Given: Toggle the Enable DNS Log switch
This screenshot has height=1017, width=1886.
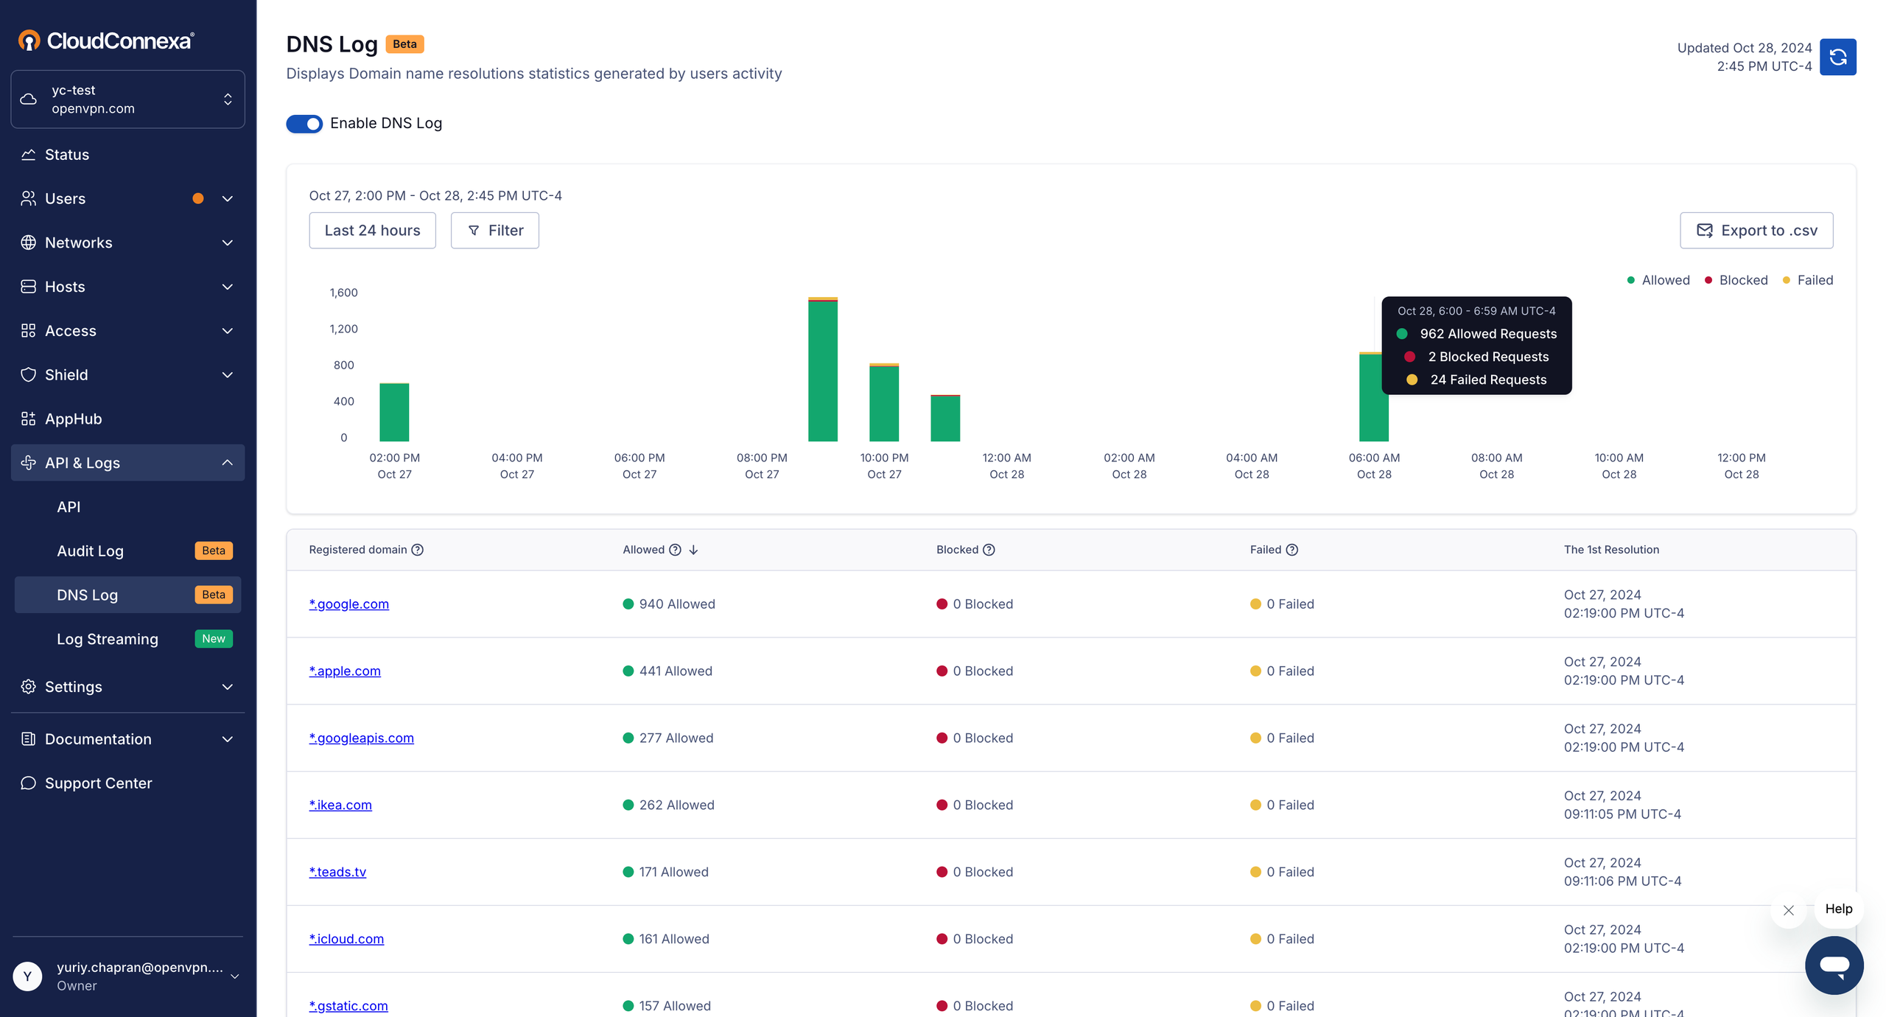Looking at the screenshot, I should [304, 123].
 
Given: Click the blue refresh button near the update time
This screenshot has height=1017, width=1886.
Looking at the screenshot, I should [1837, 57].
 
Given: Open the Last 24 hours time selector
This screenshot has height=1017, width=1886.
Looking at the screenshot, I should [372, 231].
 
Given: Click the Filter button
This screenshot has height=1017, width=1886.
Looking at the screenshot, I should [495, 231].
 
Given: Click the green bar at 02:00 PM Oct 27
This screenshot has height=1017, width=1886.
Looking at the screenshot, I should [394, 413].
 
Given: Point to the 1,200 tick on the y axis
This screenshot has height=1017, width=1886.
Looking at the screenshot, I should [343, 329].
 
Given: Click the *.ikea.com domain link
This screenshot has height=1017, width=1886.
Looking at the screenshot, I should [340, 805].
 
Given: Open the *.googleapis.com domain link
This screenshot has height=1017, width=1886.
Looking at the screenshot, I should [361, 738].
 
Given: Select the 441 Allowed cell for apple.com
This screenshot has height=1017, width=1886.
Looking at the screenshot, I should [675, 671].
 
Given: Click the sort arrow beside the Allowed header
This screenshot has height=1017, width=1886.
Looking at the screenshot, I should [693, 550].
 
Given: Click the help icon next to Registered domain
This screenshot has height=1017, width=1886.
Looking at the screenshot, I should [418, 550].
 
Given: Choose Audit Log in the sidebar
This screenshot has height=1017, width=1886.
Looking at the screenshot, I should [90, 551].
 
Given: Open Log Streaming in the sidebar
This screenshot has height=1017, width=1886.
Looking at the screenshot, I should [108, 639].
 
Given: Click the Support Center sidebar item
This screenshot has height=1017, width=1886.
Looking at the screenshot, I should [98, 783].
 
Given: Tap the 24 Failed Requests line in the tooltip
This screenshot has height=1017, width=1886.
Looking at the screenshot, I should [1487, 380].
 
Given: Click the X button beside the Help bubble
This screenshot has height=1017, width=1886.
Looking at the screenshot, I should [1788, 910].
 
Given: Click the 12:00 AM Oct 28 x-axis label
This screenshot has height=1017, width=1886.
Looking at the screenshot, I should [1006, 466].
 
